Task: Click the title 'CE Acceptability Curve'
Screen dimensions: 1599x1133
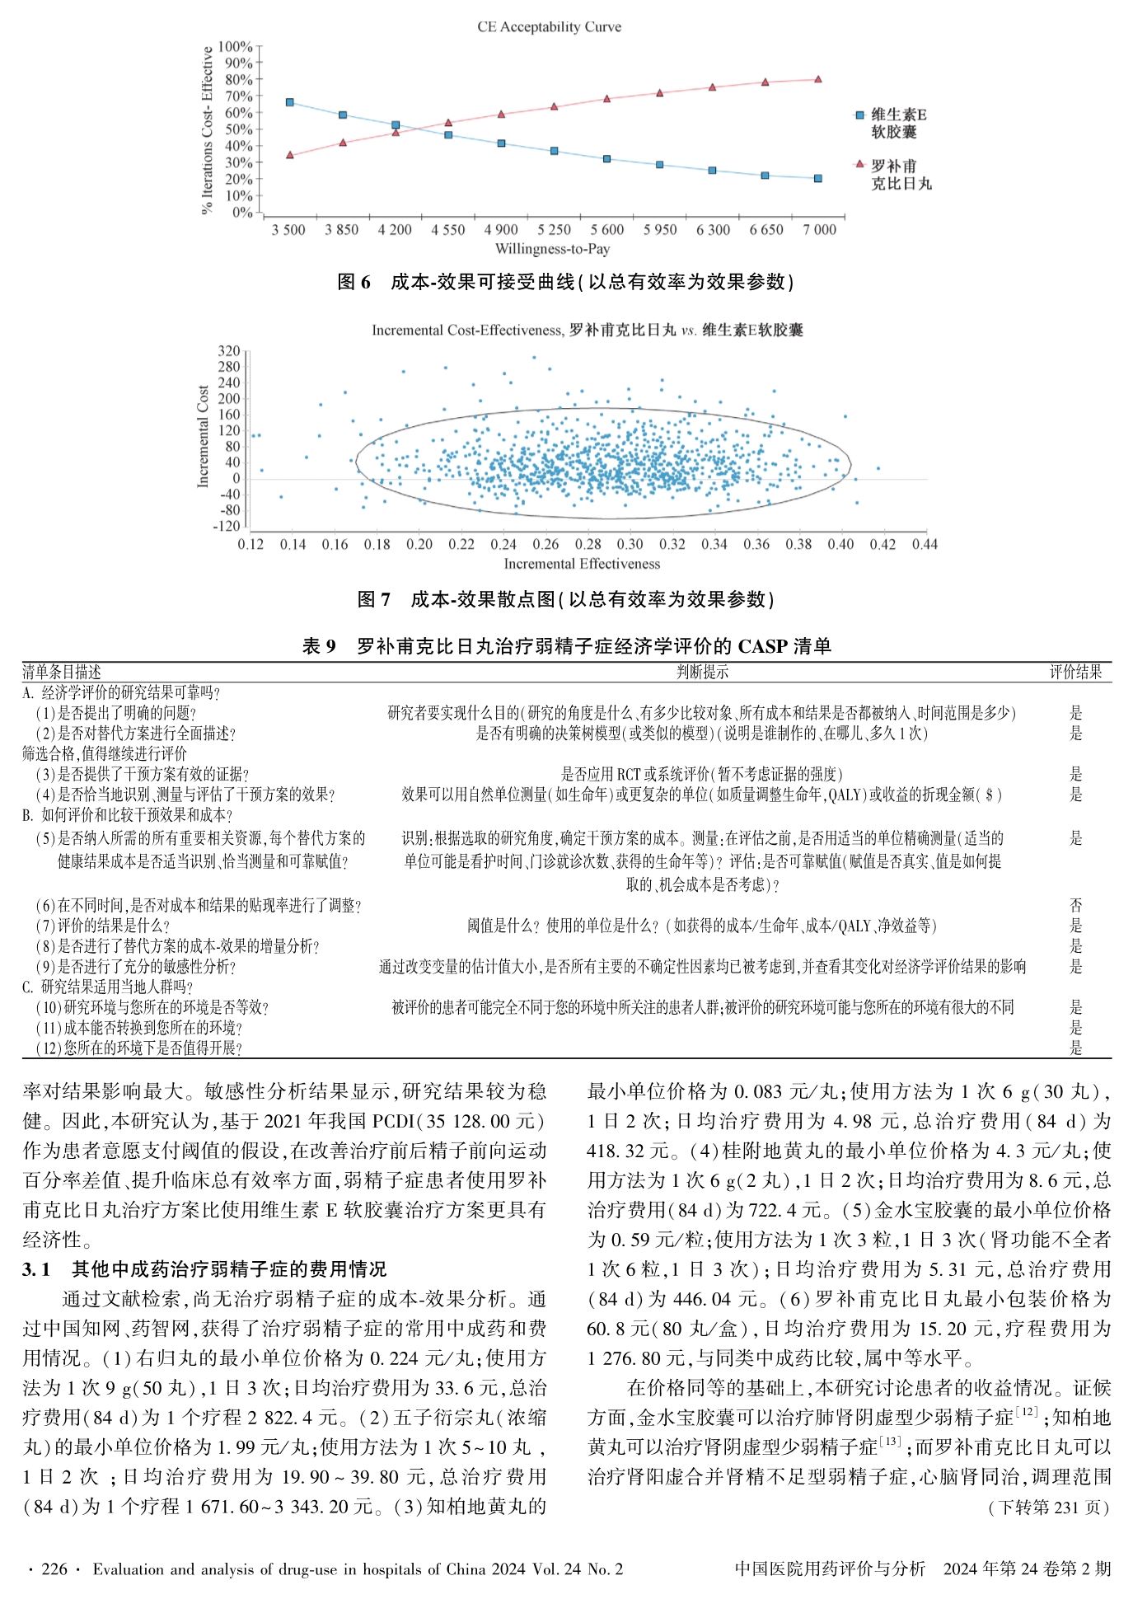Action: click(549, 27)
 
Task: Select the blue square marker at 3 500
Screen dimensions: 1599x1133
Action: click(289, 102)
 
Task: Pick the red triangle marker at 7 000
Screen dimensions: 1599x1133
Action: click(817, 79)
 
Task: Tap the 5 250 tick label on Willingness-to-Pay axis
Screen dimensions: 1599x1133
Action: click(554, 230)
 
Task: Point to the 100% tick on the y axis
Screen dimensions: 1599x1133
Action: click(236, 47)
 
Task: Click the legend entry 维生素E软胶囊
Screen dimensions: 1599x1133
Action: click(893, 124)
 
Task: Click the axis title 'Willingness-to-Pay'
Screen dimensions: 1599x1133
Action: click(552, 249)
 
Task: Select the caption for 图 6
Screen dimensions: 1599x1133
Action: click(566, 282)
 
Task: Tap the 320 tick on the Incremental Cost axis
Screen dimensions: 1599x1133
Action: click(229, 351)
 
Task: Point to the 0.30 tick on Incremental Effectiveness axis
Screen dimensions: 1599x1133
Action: click(630, 544)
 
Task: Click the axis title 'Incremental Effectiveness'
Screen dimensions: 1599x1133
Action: click(582, 564)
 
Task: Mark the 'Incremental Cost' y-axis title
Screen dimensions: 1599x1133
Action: click(204, 436)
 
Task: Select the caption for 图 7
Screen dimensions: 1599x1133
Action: click(566, 599)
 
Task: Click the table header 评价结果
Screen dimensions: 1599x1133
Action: click(1075, 672)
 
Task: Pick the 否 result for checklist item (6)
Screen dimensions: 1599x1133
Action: click(1075, 905)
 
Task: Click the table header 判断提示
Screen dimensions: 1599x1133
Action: click(702, 672)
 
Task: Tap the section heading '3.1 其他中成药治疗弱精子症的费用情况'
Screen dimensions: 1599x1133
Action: click(204, 1269)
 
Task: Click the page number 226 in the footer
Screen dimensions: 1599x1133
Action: click(54, 1569)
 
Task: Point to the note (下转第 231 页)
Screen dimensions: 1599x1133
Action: click(1048, 1508)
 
